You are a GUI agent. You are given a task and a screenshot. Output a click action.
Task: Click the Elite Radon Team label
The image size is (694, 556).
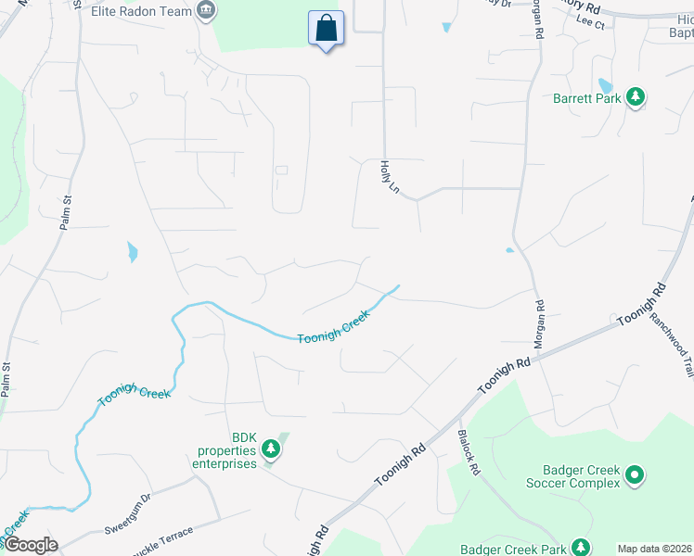click(x=142, y=12)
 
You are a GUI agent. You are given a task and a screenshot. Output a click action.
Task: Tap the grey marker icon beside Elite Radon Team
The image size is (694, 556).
click(x=206, y=12)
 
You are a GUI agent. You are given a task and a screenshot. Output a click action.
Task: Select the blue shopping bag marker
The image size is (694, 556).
click(x=326, y=29)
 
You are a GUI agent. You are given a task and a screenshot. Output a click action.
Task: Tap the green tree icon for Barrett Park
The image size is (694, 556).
click(x=636, y=96)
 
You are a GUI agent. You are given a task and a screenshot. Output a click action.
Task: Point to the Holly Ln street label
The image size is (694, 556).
click(x=389, y=176)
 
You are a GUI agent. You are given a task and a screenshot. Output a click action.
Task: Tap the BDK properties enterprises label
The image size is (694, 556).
click(x=229, y=451)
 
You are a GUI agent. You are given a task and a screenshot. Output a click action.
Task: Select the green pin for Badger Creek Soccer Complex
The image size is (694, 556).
click(x=635, y=476)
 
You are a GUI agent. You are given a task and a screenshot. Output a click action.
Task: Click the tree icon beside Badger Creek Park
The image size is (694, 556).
click(x=580, y=547)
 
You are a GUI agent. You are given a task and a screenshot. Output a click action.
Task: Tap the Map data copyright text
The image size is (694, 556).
click(x=654, y=549)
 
